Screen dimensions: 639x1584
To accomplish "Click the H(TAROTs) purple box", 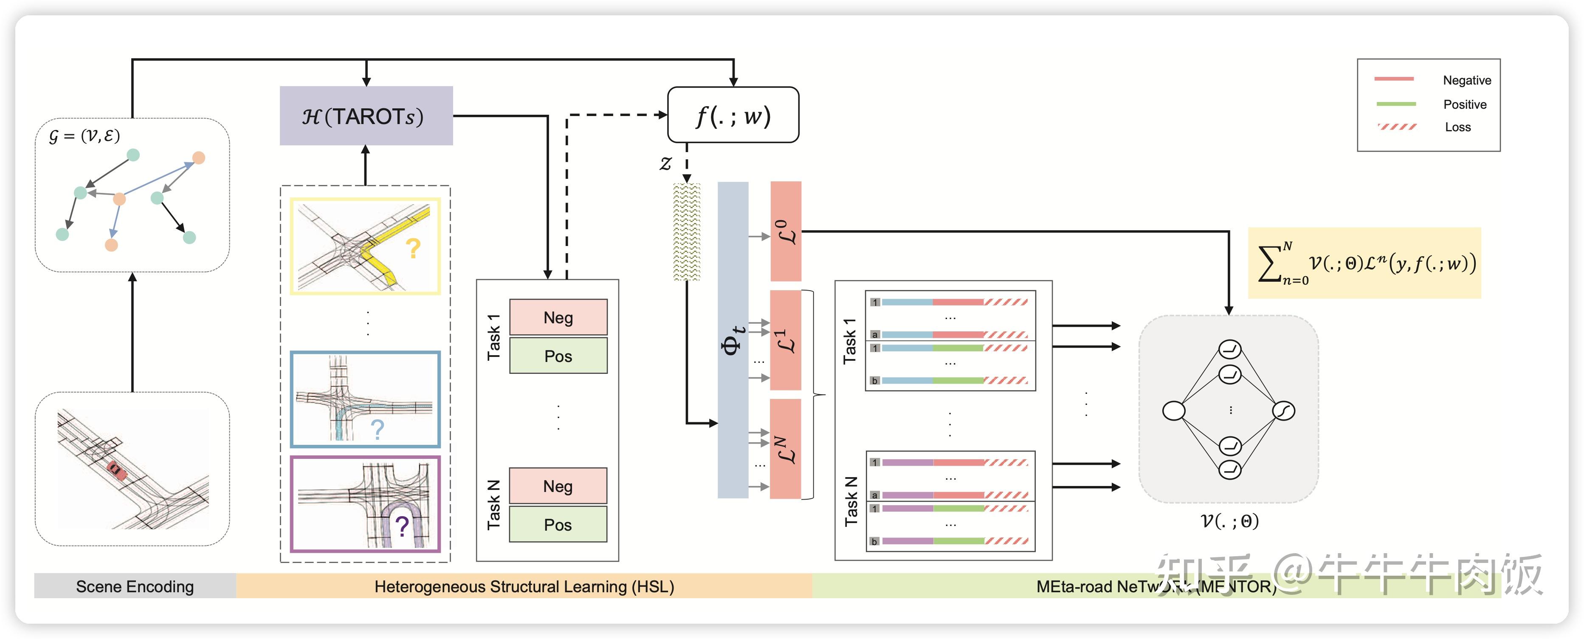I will coord(366,116).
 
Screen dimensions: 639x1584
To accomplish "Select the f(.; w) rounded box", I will coord(733,115).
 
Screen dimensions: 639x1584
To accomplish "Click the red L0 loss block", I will coord(786,231).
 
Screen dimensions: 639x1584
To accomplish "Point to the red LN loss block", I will coord(786,449).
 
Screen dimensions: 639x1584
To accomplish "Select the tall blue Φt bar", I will coord(733,339).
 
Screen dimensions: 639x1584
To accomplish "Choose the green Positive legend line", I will coord(1396,104).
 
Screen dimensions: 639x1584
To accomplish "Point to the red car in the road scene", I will coord(116,470).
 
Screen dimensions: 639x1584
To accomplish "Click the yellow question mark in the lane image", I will coord(413,249).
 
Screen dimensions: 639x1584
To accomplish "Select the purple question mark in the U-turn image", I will coord(402,526).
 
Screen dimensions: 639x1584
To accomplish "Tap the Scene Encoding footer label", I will coord(135,587).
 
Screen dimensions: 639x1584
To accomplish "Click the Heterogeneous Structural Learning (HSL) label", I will coord(524,587).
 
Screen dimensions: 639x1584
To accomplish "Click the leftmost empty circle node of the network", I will coord(1174,411).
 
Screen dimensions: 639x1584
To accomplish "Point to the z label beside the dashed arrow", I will coord(665,164).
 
